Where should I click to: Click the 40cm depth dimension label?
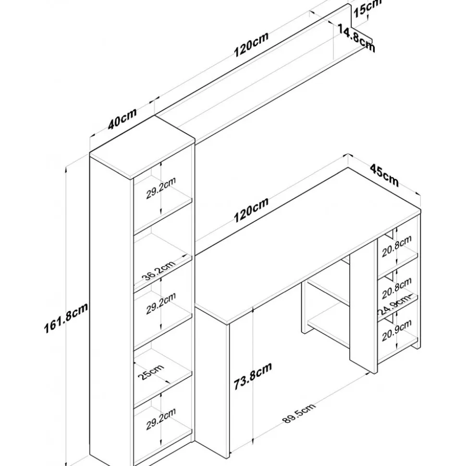[x=122, y=119]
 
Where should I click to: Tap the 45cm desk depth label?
[x=384, y=175]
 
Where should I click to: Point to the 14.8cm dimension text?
[x=356, y=38]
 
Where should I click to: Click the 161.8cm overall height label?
[x=65, y=319]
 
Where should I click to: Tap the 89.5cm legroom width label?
[x=299, y=414]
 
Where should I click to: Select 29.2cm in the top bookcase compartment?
[x=161, y=188]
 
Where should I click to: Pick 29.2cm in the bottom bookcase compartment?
[x=161, y=418]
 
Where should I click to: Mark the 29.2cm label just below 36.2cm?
[x=161, y=306]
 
